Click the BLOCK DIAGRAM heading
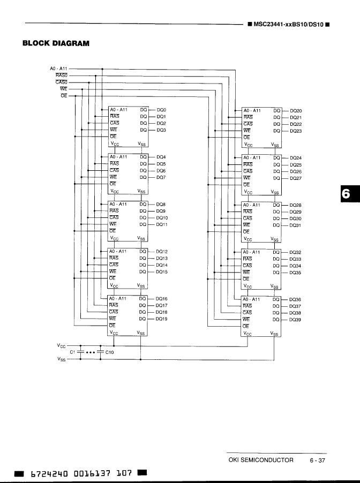click(56, 43)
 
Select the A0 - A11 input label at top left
click(59, 69)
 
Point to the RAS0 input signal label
click(61, 76)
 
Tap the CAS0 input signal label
click(61, 82)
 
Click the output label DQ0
click(161, 110)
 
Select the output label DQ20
click(296, 110)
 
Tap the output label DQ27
click(296, 178)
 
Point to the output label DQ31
click(295, 225)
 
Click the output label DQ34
click(295, 266)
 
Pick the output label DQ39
click(295, 320)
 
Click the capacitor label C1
click(73, 352)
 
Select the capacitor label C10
click(110, 352)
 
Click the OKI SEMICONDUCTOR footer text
click(261, 460)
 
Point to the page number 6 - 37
click(317, 460)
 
